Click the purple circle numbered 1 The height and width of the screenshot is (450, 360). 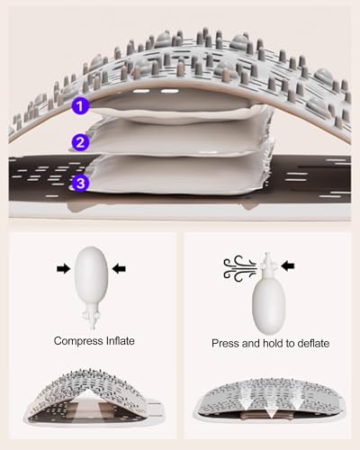tap(80, 106)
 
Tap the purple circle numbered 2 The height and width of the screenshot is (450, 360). tap(80, 142)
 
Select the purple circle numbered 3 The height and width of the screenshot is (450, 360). tap(80, 183)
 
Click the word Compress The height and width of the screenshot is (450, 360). tap(78, 341)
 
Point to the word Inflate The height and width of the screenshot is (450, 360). tap(120, 341)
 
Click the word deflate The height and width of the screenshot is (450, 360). tap(313, 343)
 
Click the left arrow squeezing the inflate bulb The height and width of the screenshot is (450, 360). tap(63, 268)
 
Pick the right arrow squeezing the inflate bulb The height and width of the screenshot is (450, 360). tap(119, 268)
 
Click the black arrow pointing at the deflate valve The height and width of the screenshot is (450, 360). tap(288, 265)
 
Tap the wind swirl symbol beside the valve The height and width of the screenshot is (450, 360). tap(239, 268)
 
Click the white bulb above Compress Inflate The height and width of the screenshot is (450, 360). tap(91, 274)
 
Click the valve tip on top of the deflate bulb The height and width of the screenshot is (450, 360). tap(267, 265)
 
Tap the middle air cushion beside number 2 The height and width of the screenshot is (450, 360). tap(177, 137)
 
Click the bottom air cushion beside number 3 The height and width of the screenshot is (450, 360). tap(178, 174)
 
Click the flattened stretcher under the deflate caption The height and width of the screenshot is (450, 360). tap(269, 398)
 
